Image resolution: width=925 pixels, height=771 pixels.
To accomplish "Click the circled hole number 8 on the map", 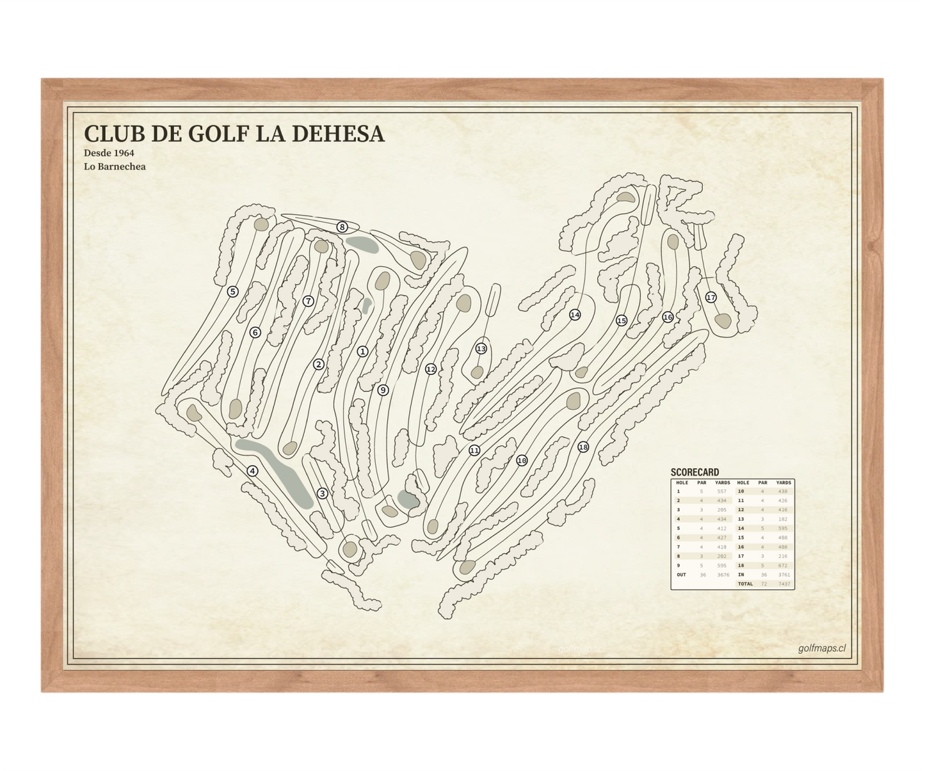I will [342, 227].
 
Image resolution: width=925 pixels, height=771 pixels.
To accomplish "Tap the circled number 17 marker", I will [711, 298].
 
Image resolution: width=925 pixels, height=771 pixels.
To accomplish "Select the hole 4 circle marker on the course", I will [253, 472].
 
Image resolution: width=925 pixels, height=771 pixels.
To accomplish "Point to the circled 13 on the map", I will [481, 349].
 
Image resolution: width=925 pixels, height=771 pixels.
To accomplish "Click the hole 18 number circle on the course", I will [583, 447].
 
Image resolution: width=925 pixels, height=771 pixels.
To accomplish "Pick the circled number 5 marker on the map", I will [233, 292].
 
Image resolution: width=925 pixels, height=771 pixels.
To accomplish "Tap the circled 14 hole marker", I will [575, 315].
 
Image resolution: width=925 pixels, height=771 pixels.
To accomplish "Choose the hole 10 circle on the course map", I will [522, 461].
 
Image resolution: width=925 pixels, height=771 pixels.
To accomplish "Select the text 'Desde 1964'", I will [109, 153].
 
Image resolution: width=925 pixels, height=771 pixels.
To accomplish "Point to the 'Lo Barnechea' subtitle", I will [115, 167].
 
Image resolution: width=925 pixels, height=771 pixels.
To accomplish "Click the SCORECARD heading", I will [695, 472].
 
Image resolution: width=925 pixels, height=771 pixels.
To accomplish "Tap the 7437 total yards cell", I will [784, 584].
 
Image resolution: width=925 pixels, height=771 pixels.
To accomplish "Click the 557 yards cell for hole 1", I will [722, 491].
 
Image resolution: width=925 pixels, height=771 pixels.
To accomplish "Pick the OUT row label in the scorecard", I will [681, 575].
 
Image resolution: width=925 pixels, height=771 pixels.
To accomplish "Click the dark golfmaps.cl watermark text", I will [821, 648].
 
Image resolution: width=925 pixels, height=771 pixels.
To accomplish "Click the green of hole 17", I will [723, 321].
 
